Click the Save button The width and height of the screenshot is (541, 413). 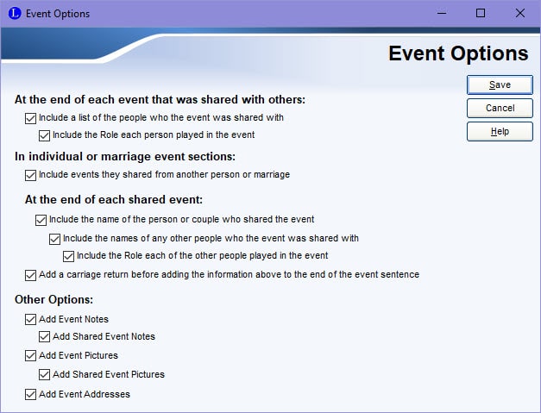(500, 84)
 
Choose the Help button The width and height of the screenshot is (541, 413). (500, 131)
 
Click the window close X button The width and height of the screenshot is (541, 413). (520, 14)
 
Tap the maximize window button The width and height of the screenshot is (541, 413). (481, 14)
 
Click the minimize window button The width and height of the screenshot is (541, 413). (442, 14)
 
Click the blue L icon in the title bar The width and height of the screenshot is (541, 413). (15, 14)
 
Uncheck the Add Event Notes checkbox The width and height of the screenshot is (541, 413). (30, 319)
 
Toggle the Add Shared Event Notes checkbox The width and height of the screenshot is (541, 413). (44, 336)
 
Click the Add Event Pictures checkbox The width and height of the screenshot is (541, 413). (30, 355)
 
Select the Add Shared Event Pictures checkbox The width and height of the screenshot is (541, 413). (44, 374)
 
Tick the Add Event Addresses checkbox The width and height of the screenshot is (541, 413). (30, 394)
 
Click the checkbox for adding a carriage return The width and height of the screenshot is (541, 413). (30, 275)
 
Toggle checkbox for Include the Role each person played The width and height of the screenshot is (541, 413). (44, 135)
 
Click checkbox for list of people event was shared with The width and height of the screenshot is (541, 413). (30, 118)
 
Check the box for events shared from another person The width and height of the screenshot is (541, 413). (30, 175)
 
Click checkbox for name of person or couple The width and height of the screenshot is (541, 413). (41, 220)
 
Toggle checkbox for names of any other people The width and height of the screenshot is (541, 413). (54, 239)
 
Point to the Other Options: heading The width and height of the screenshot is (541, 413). (53, 299)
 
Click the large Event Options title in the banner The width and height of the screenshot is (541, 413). (458, 53)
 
